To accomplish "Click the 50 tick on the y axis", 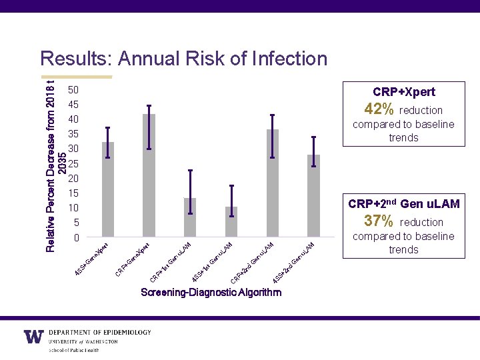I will [x=73, y=89].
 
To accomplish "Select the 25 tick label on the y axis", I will [x=73, y=163].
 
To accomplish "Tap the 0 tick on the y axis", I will [x=76, y=237].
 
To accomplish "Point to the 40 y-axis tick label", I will [x=73, y=119].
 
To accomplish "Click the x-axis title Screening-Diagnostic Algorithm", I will [x=211, y=293].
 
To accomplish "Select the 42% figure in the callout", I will [x=379, y=109].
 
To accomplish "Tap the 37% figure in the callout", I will [x=379, y=221].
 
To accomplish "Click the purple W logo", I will [x=34, y=337].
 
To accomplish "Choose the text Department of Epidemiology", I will [x=100, y=332].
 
